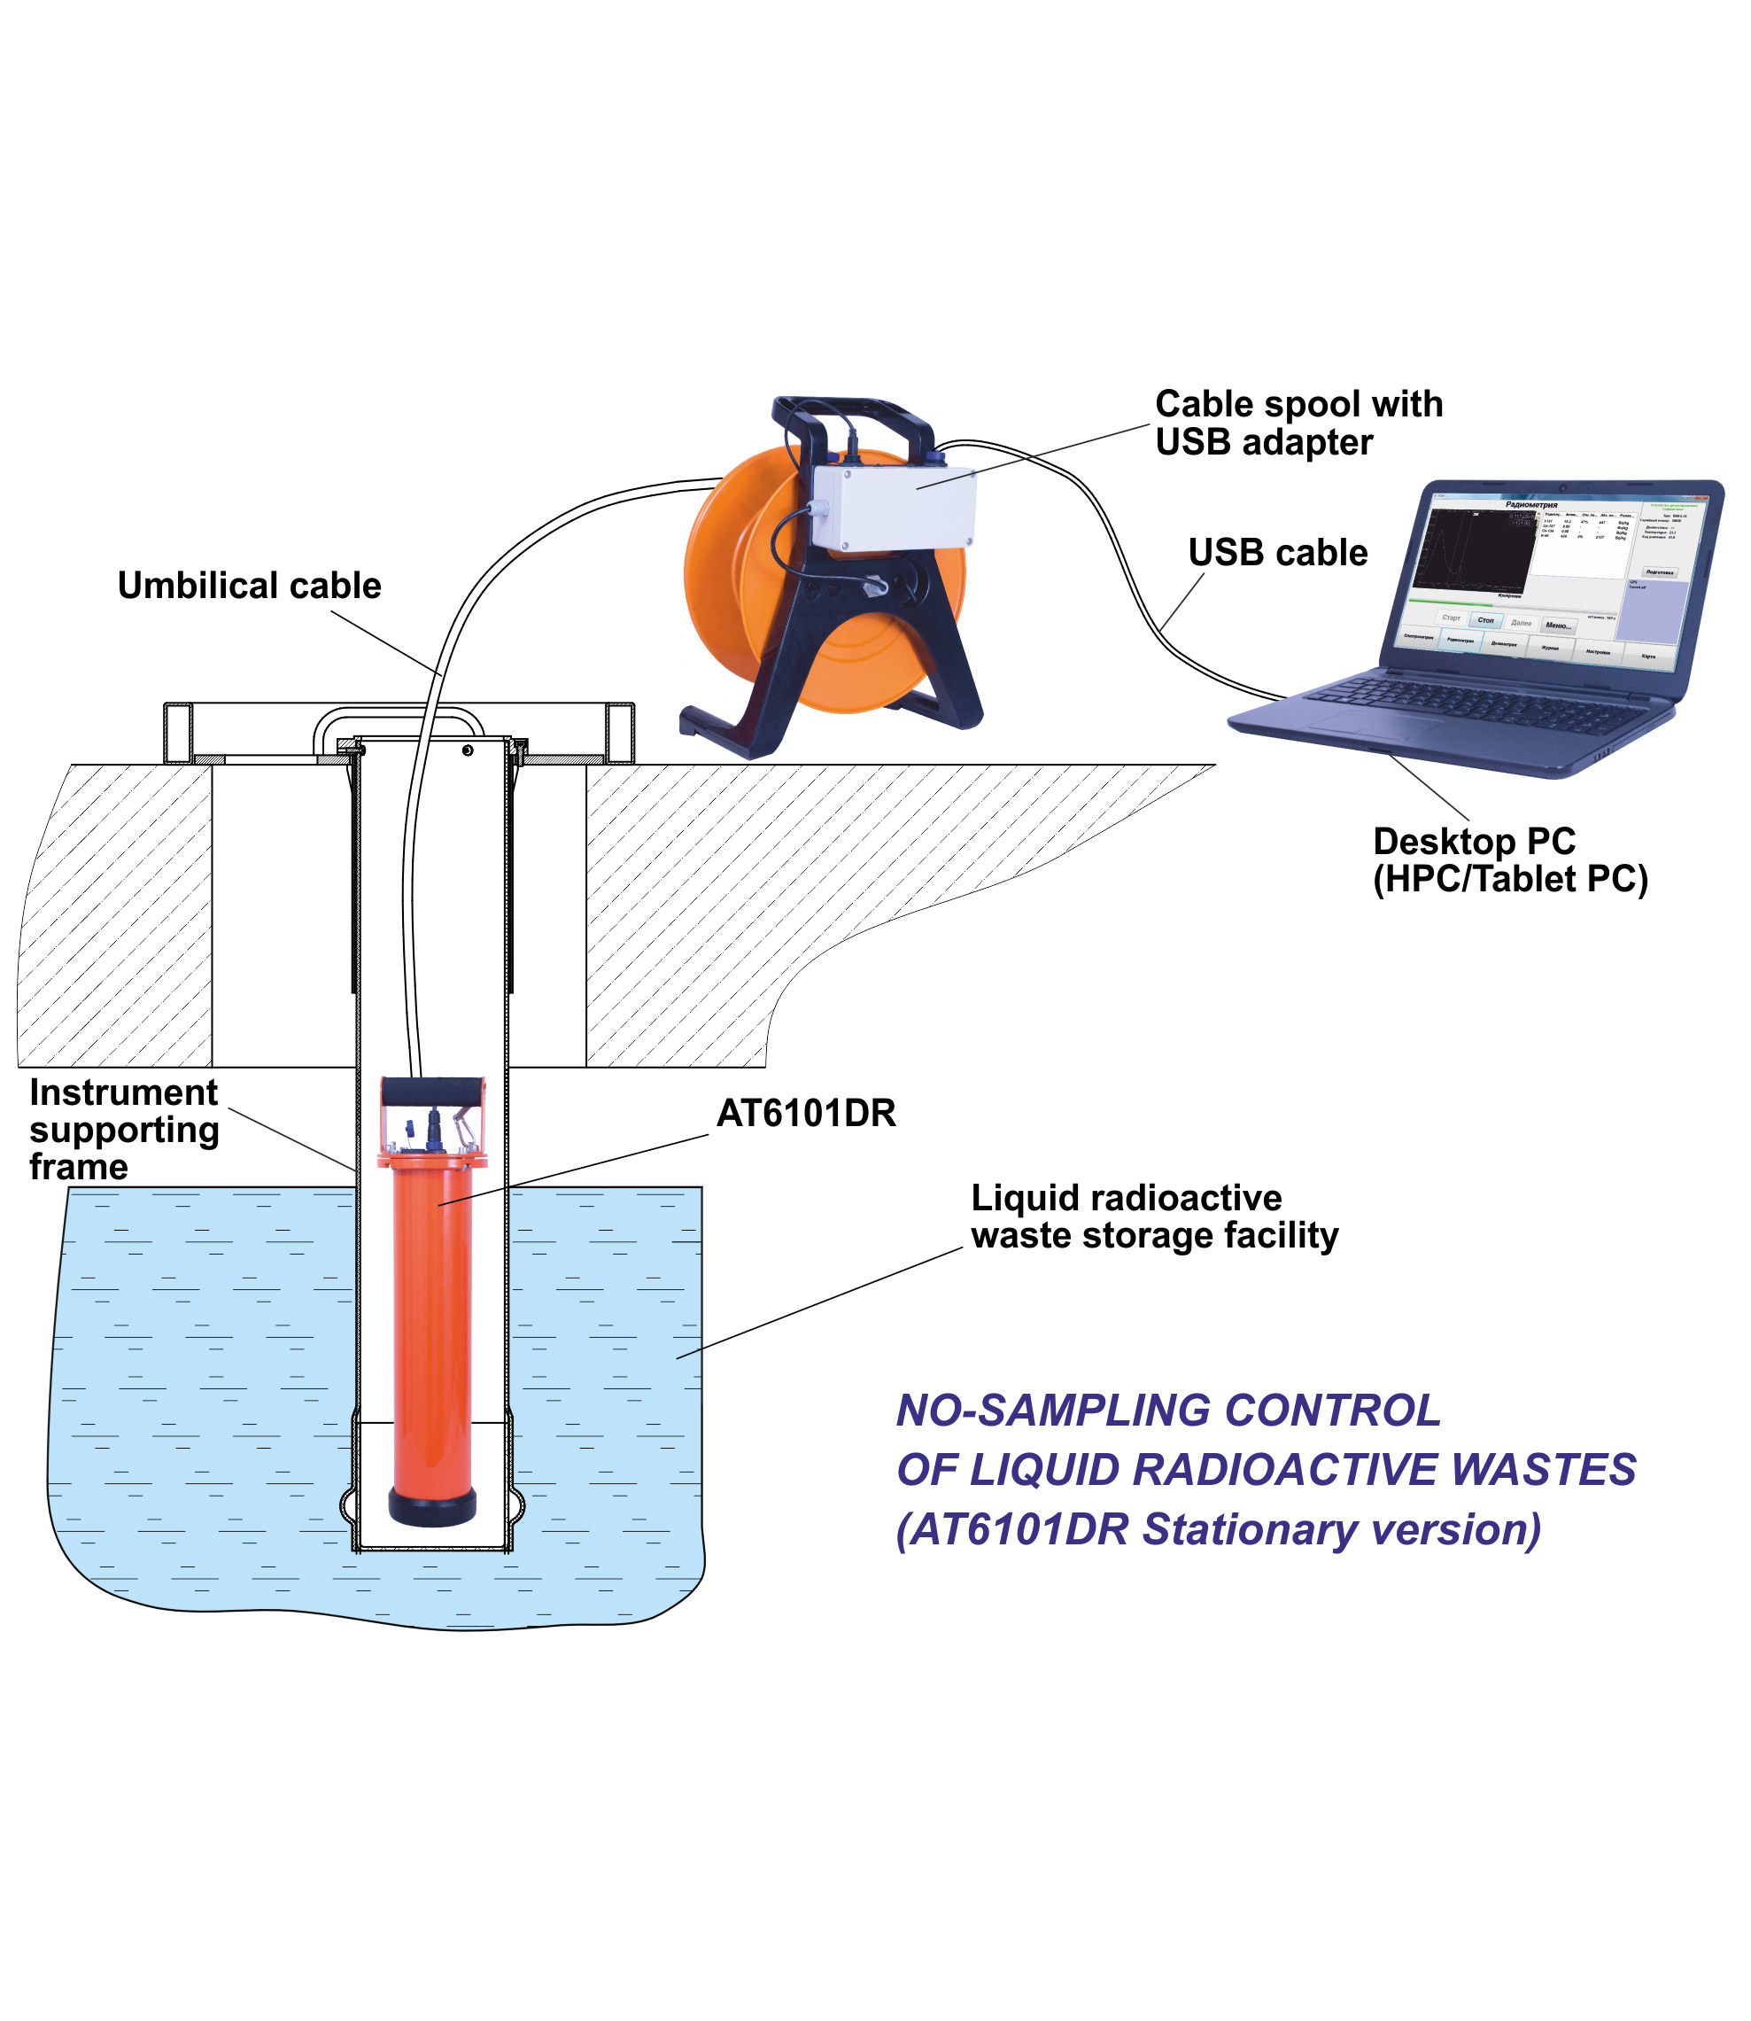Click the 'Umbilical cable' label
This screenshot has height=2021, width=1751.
(x=249, y=587)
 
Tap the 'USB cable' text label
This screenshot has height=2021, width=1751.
(x=1277, y=553)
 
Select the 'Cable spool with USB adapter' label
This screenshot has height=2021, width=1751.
(x=1298, y=424)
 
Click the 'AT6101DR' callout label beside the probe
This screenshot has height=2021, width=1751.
(x=806, y=1113)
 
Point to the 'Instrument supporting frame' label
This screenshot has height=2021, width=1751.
(x=124, y=1130)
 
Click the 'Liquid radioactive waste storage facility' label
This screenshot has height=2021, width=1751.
(x=1154, y=1216)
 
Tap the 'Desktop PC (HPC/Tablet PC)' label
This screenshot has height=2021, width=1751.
(x=1510, y=861)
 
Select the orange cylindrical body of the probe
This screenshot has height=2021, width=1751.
(x=432, y=1319)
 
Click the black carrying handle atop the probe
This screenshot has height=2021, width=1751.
(x=433, y=1091)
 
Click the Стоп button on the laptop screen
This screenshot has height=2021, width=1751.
(x=1485, y=620)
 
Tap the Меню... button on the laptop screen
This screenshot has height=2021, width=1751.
(x=1558, y=626)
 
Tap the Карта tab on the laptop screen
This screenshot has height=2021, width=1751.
(x=1648, y=657)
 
